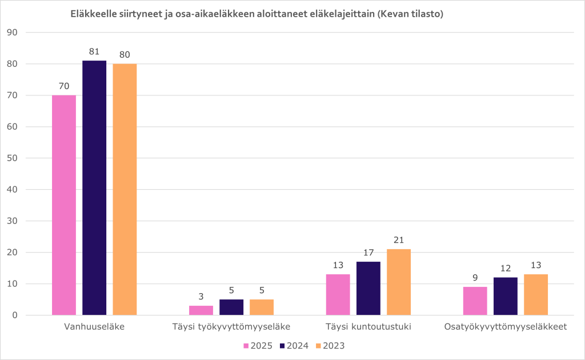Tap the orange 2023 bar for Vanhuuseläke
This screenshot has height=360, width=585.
(125, 189)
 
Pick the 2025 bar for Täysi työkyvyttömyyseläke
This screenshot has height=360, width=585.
(201, 310)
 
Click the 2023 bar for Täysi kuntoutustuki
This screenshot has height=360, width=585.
(398, 282)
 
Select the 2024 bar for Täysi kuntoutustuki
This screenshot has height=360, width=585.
(368, 289)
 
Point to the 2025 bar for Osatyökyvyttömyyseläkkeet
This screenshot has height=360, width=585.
(475, 301)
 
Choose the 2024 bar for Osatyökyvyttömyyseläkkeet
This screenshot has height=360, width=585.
(505, 297)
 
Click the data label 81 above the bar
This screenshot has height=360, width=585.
(94, 51)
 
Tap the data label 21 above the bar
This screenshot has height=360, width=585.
(398, 240)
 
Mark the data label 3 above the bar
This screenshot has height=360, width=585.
(201, 297)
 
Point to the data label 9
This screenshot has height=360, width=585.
(475, 278)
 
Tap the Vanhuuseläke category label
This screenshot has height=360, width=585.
(94, 327)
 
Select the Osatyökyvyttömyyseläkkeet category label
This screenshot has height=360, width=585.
(505, 327)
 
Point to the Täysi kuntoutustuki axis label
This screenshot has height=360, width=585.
(368, 327)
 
